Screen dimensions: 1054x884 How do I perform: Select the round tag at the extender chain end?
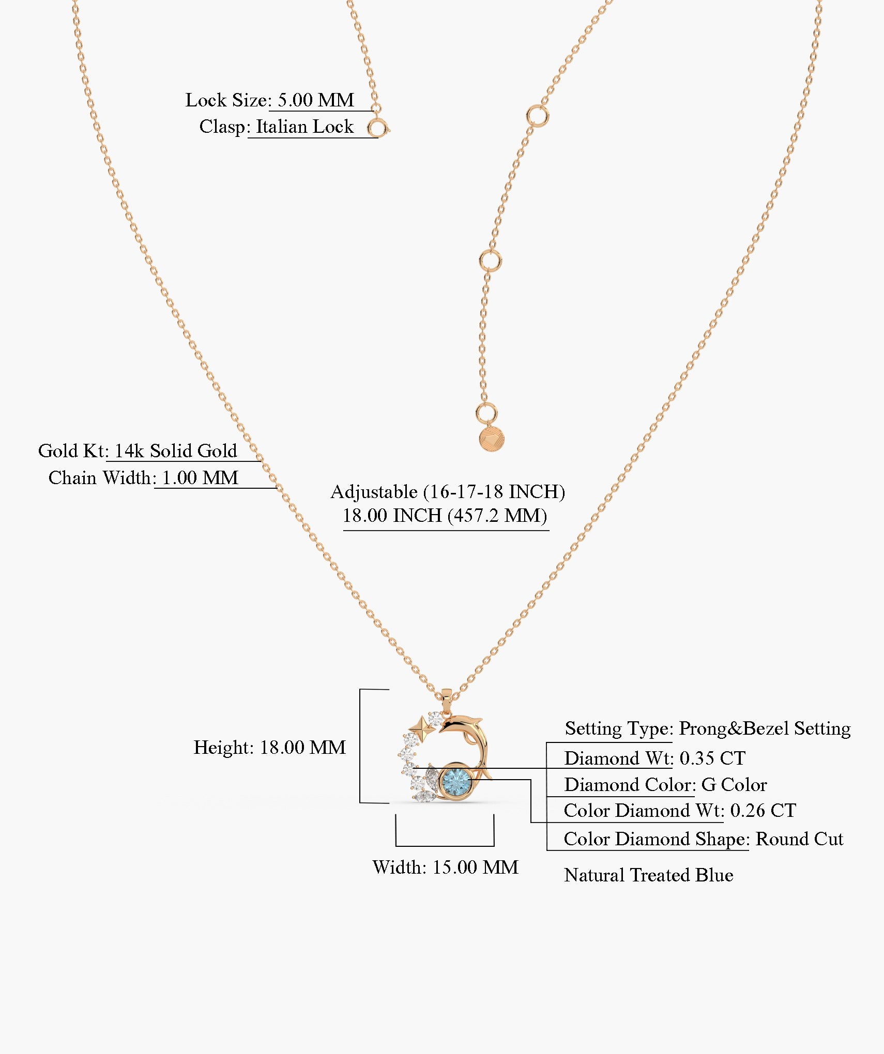pyautogui.click(x=491, y=440)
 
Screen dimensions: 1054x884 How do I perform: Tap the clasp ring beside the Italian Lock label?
pyautogui.click(x=377, y=128)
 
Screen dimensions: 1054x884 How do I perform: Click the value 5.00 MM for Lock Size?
pyautogui.click(x=316, y=100)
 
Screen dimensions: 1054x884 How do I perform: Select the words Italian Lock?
pyautogui.click(x=305, y=127)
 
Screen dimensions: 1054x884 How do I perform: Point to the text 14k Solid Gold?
pyautogui.click(x=175, y=451)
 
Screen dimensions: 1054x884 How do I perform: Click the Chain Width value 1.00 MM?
pyautogui.click(x=200, y=478)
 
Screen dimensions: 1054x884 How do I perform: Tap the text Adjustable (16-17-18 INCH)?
pyautogui.click(x=447, y=492)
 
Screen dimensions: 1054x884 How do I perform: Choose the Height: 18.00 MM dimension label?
pyautogui.click(x=269, y=748)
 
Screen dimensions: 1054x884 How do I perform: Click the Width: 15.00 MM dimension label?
pyautogui.click(x=445, y=867)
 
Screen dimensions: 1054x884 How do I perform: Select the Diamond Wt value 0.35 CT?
pyautogui.click(x=712, y=758)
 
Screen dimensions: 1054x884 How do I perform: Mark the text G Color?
pyautogui.click(x=734, y=785)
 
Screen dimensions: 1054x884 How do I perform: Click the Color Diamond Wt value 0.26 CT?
pyautogui.click(x=763, y=811)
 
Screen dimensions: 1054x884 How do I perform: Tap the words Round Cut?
pyautogui.click(x=799, y=839)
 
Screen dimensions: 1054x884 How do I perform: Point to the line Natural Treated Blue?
pyautogui.click(x=648, y=875)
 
